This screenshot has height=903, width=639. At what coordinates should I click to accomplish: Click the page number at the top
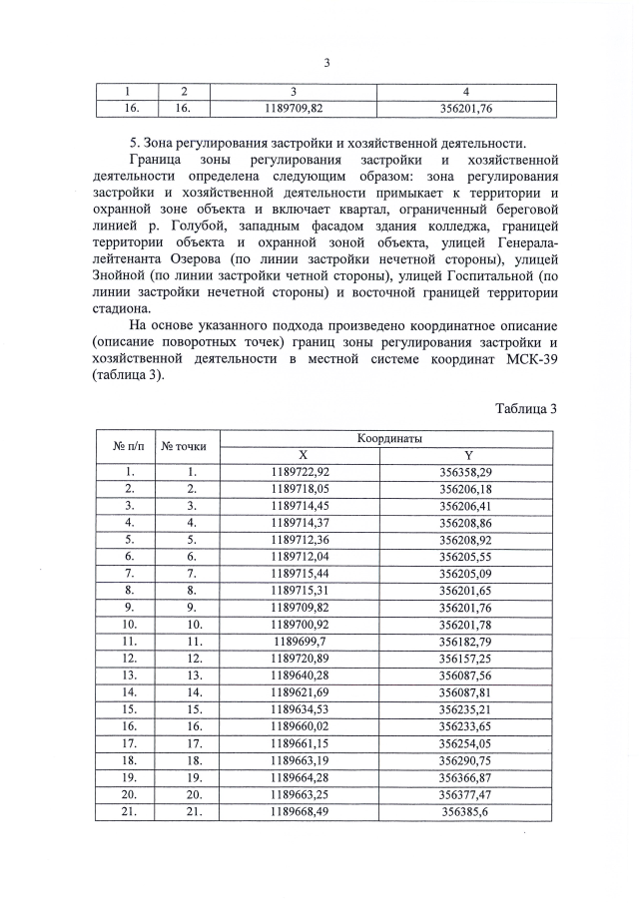(x=326, y=63)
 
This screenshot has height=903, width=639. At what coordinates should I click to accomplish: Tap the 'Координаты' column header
(x=386, y=438)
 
